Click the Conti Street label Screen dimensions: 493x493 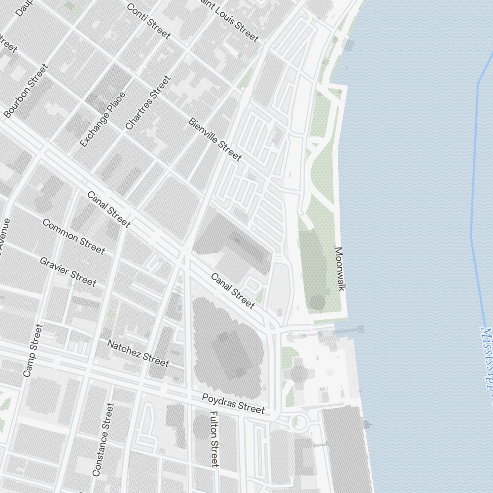tap(148, 21)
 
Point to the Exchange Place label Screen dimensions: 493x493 tap(103, 119)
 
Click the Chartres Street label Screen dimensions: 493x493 tap(148, 103)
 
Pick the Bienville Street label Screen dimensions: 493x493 tap(215, 140)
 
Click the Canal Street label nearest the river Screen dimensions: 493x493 tap(233, 291)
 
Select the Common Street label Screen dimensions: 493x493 tap(73, 236)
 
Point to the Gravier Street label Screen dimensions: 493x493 tap(68, 271)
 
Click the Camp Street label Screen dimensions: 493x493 tap(33, 350)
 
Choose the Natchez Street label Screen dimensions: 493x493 tap(138, 353)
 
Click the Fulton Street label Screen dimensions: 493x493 tap(214, 439)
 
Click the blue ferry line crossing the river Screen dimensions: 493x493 tap(474, 163)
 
